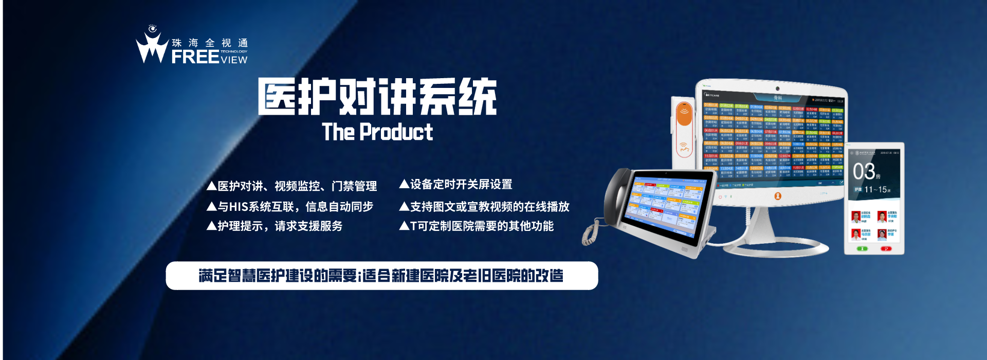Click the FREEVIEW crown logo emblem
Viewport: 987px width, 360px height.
click(x=152, y=46)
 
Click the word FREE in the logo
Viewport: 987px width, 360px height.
click(x=195, y=57)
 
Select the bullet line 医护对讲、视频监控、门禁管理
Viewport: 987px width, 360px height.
click(x=292, y=186)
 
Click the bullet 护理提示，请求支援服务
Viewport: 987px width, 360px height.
click(x=275, y=226)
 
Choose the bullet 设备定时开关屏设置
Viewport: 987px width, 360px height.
click(x=456, y=185)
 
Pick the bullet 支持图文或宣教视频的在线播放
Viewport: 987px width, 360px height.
click(x=484, y=207)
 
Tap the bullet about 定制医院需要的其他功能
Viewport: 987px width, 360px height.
click(x=477, y=226)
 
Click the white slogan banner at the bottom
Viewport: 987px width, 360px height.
click(x=381, y=276)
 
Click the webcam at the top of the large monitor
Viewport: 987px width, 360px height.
click(x=777, y=88)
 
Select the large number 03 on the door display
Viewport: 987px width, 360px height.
click(x=864, y=172)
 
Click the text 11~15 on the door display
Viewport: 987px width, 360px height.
click(x=875, y=190)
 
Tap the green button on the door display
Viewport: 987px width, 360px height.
click(x=862, y=249)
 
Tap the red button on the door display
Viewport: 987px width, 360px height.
click(x=886, y=249)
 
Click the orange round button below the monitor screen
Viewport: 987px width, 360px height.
click(x=777, y=196)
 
